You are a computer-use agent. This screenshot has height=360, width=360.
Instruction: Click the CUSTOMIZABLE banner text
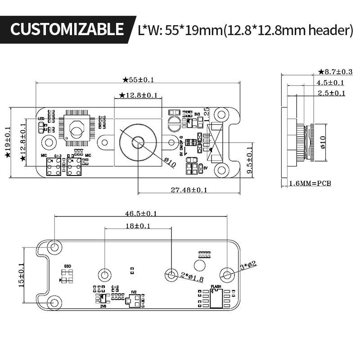(67, 29)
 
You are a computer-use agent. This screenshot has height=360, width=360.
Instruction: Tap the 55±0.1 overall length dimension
(138, 80)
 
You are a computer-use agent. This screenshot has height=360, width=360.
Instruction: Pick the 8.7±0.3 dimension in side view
(335, 72)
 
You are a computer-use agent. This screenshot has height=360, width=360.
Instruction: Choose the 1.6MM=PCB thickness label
(310, 184)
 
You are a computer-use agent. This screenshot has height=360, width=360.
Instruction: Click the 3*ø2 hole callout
(248, 266)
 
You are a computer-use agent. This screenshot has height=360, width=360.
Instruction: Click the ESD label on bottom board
(68, 266)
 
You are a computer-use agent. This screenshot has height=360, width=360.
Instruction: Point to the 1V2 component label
(133, 292)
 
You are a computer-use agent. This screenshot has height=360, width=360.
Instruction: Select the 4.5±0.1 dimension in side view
(330, 82)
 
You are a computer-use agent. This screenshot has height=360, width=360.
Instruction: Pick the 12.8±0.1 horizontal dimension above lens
(138, 95)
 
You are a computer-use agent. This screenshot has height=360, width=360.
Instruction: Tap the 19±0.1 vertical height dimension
(7, 142)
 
